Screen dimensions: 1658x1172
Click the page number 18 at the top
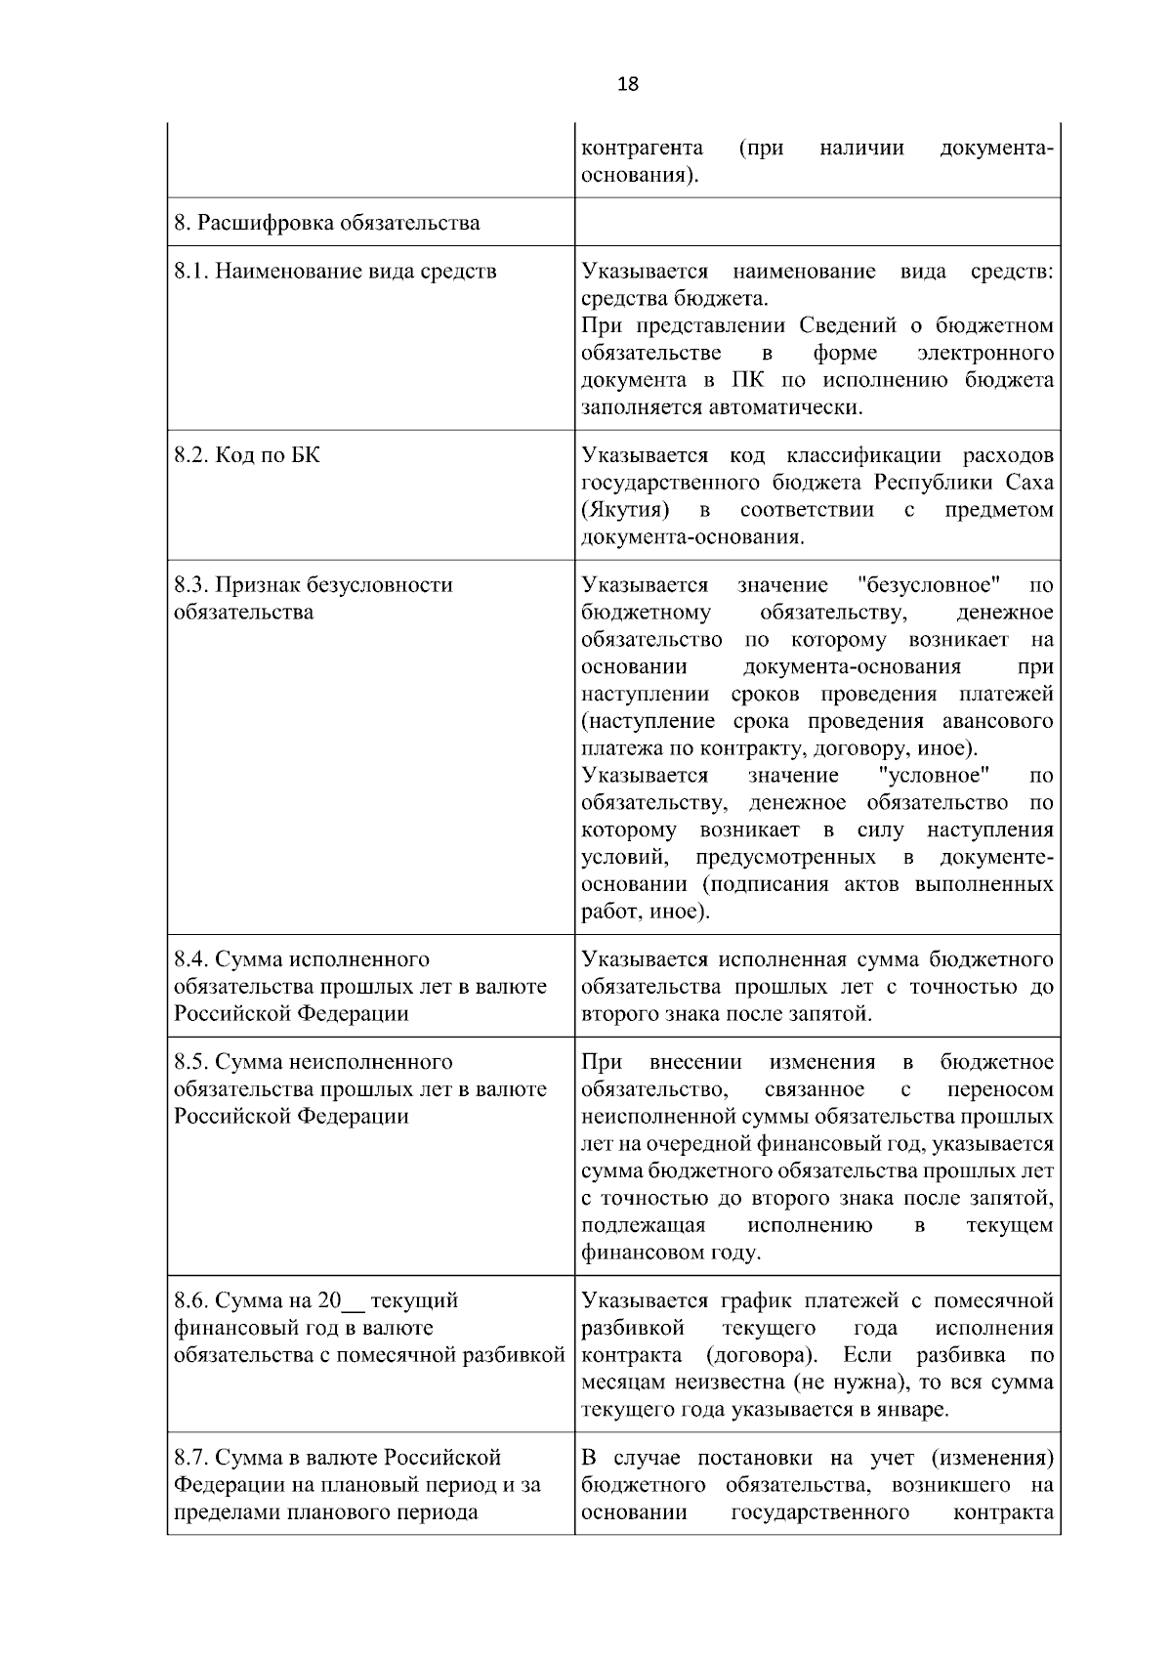[x=628, y=85]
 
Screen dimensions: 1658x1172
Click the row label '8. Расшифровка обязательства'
[x=327, y=223]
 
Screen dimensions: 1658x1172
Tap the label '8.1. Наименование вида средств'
[x=335, y=272]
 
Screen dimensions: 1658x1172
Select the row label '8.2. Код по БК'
[x=247, y=455]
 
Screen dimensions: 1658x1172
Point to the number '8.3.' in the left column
[x=191, y=585]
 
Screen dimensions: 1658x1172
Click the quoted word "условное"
[x=935, y=776]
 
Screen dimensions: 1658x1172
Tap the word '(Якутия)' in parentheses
[x=625, y=510]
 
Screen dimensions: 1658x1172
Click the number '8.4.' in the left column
[x=191, y=959]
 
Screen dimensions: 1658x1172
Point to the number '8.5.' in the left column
[x=191, y=1062]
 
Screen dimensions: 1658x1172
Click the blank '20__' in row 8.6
[x=341, y=1301]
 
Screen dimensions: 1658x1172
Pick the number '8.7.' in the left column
[x=191, y=1458]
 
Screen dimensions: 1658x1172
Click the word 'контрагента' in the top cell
[x=642, y=149]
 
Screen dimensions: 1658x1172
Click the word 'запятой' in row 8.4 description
[x=829, y=1014]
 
